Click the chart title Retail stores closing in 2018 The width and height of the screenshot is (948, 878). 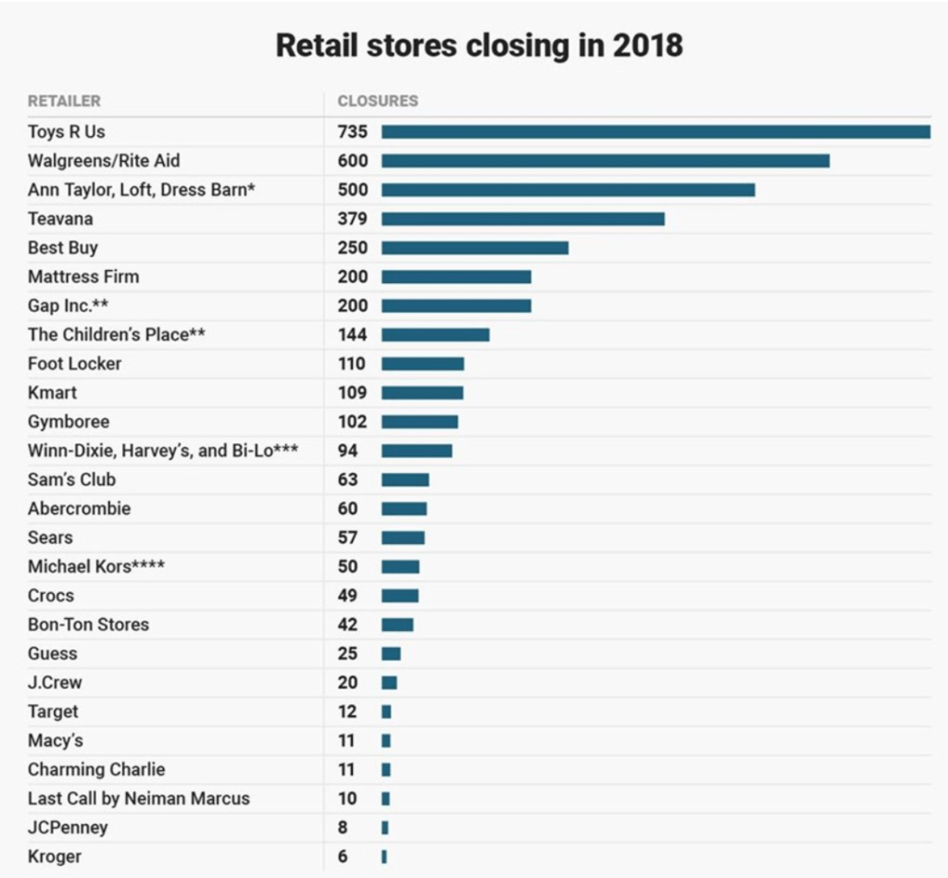point(479,45)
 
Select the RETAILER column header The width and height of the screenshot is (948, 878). point(64,101)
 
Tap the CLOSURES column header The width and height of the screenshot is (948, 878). point(378,101)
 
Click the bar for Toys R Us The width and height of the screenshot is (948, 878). point(655,132)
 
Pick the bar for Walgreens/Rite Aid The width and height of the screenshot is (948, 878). point(605,161)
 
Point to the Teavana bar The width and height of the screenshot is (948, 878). point(523,219)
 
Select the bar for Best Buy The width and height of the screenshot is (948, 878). point(475,248)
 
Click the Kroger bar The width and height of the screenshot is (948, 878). point(384,857)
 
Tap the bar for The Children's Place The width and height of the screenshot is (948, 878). point(435,335)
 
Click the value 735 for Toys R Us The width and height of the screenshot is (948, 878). point(353,132)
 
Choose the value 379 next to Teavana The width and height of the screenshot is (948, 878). point(353,219)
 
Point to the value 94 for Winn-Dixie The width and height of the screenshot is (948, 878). point(348,451)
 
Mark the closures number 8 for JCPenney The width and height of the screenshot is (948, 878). point(343,828)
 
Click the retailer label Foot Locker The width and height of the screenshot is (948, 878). point(74,364)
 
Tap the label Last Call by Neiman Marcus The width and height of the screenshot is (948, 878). point(139,798)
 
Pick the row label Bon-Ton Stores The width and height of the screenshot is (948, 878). point(88,624)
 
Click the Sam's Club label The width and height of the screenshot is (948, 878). point(71,479)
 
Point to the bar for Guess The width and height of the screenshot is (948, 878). point(391,653)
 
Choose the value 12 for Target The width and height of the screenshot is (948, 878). point(348,711)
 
